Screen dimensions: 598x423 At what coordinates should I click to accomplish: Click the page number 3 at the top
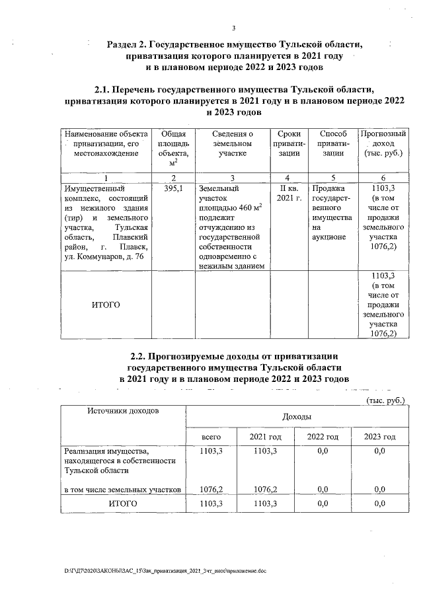(234, 27)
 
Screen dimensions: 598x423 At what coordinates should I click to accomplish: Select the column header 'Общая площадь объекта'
(173, 149)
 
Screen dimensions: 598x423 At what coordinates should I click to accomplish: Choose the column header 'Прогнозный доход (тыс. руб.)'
(383, 143)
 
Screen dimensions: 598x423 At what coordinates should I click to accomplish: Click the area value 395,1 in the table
(173, 188)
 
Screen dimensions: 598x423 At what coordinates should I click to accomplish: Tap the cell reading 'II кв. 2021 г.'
(288, 193)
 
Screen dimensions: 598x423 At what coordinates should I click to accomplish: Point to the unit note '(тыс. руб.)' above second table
(385, 400)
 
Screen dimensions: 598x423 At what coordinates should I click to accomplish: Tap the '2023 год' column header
(379, 437)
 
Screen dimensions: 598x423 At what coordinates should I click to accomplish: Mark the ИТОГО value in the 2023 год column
(379, 504)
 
